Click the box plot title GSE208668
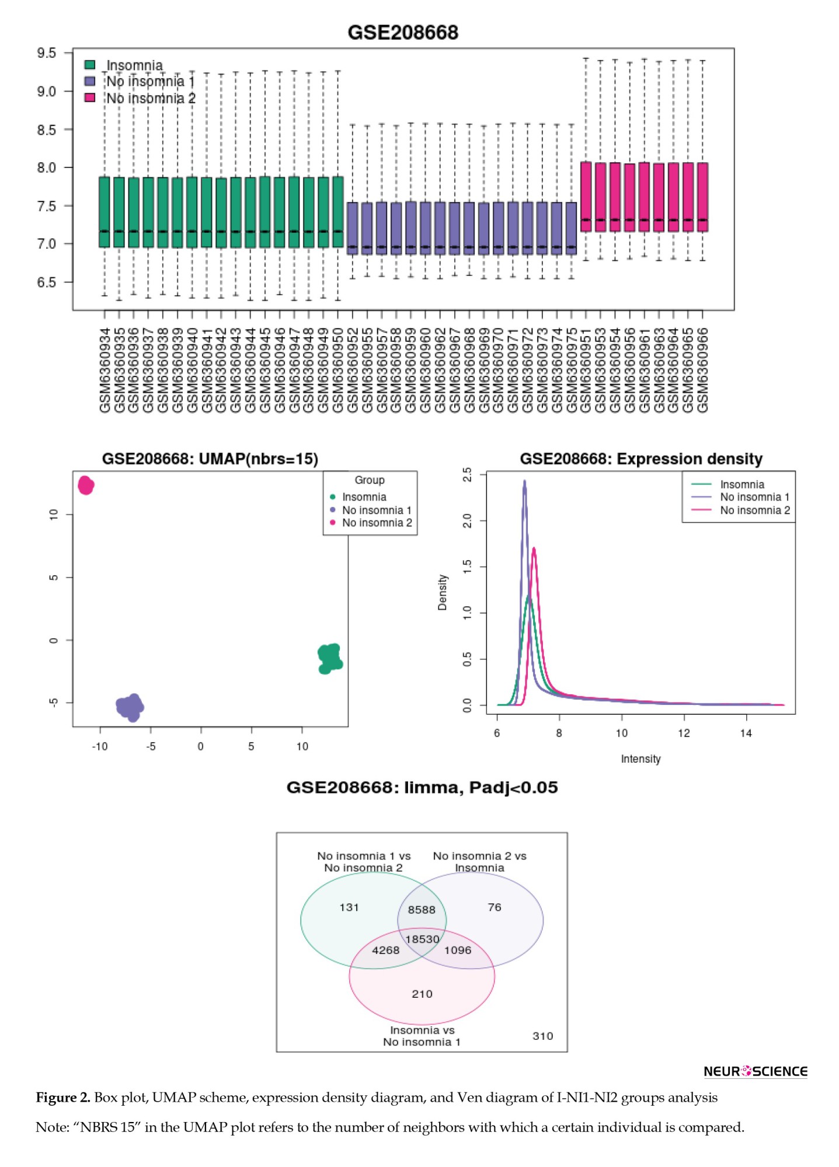403,32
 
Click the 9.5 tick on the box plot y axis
47,53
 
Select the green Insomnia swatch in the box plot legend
90,65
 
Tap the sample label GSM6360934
105,370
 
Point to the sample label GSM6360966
703,370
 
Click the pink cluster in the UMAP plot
86,485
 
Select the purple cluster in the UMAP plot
130,707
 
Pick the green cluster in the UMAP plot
330,658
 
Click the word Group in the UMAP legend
370,480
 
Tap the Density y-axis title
443,592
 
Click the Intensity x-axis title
640,759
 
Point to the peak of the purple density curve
524,482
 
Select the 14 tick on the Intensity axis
746,733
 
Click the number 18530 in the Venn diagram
422,939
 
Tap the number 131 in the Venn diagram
349,907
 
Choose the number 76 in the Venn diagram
495,907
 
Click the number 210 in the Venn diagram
422,994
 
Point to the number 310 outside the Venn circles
542,1036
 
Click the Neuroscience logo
756,1071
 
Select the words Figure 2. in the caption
63,1098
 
